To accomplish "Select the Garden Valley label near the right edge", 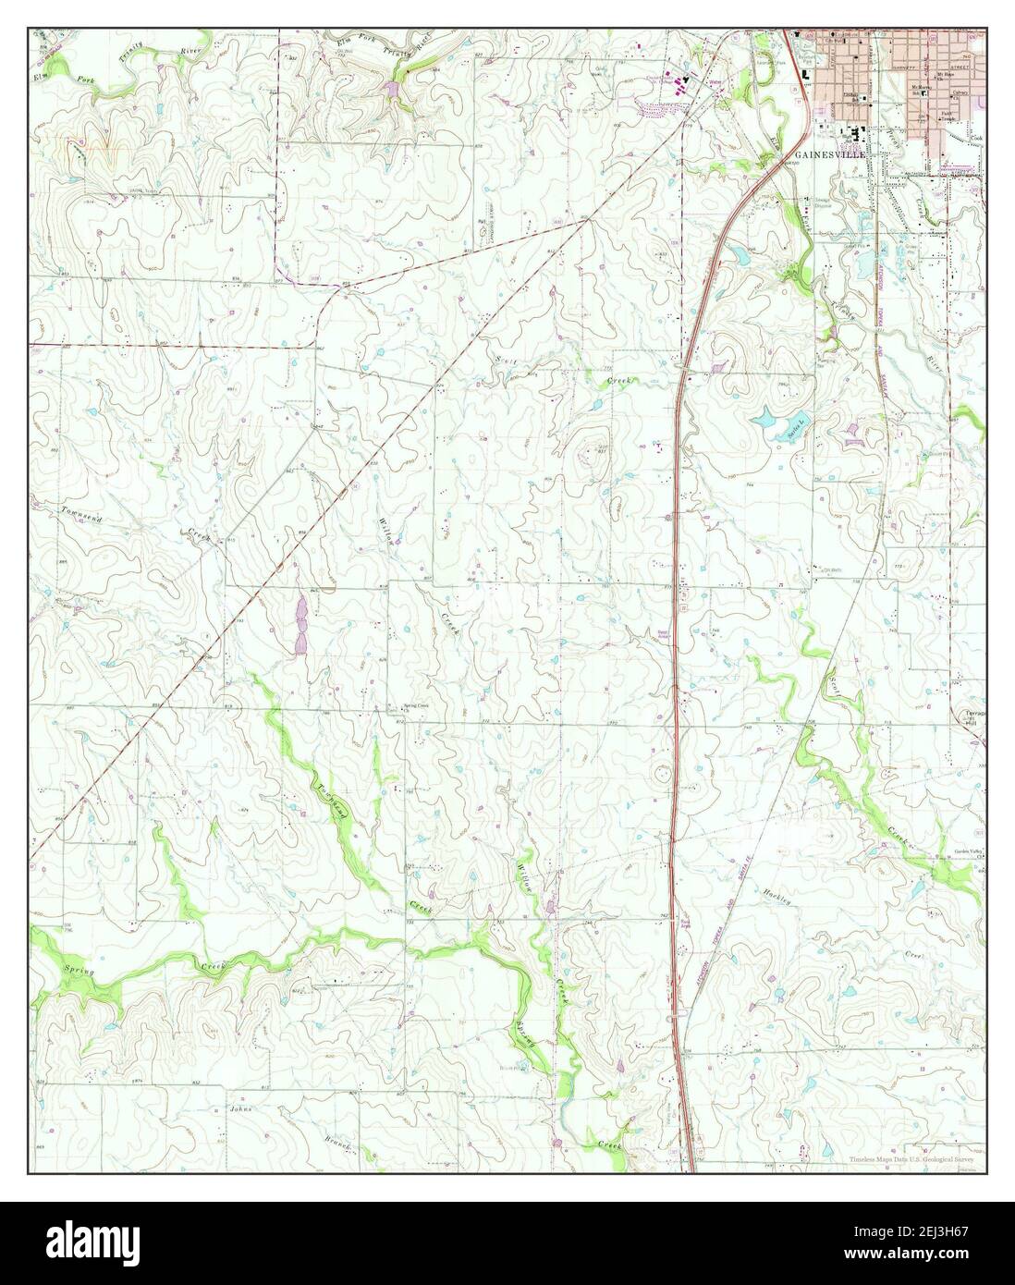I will tap(970, 853).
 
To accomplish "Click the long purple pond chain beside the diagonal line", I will tap(300, 625).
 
